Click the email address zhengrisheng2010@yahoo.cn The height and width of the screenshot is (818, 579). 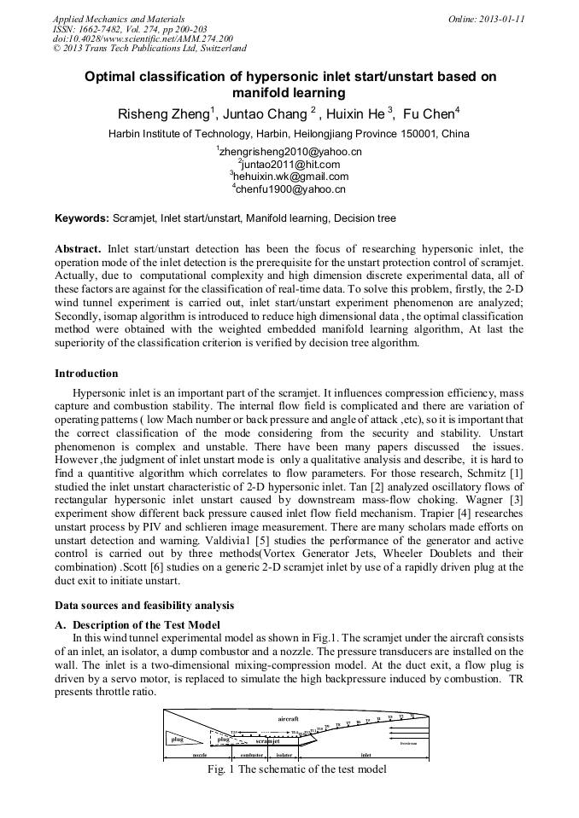pyautogui.click(x=289, y=151)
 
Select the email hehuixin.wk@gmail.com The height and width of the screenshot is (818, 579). pyautogui.click(x=289, y=177)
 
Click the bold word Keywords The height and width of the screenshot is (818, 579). pyautogui.click(x=81, y=218)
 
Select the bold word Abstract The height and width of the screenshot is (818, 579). pyautogui.click(x=78, y=247)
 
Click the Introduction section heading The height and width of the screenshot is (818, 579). pyautogui.click(x=86, y=373)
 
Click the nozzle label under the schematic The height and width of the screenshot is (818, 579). pyautogui.click(x=199, y=755)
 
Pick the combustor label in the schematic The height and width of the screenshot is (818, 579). pyautogui.click(x=251, y=755)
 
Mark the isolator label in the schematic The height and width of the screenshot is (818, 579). pyautogui.click(x=284, y=755)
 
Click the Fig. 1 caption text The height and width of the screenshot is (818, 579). pyautogui.click(x=297, y=769)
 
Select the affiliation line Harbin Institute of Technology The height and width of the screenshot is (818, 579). pyautogui.click(x=289, y=134)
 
